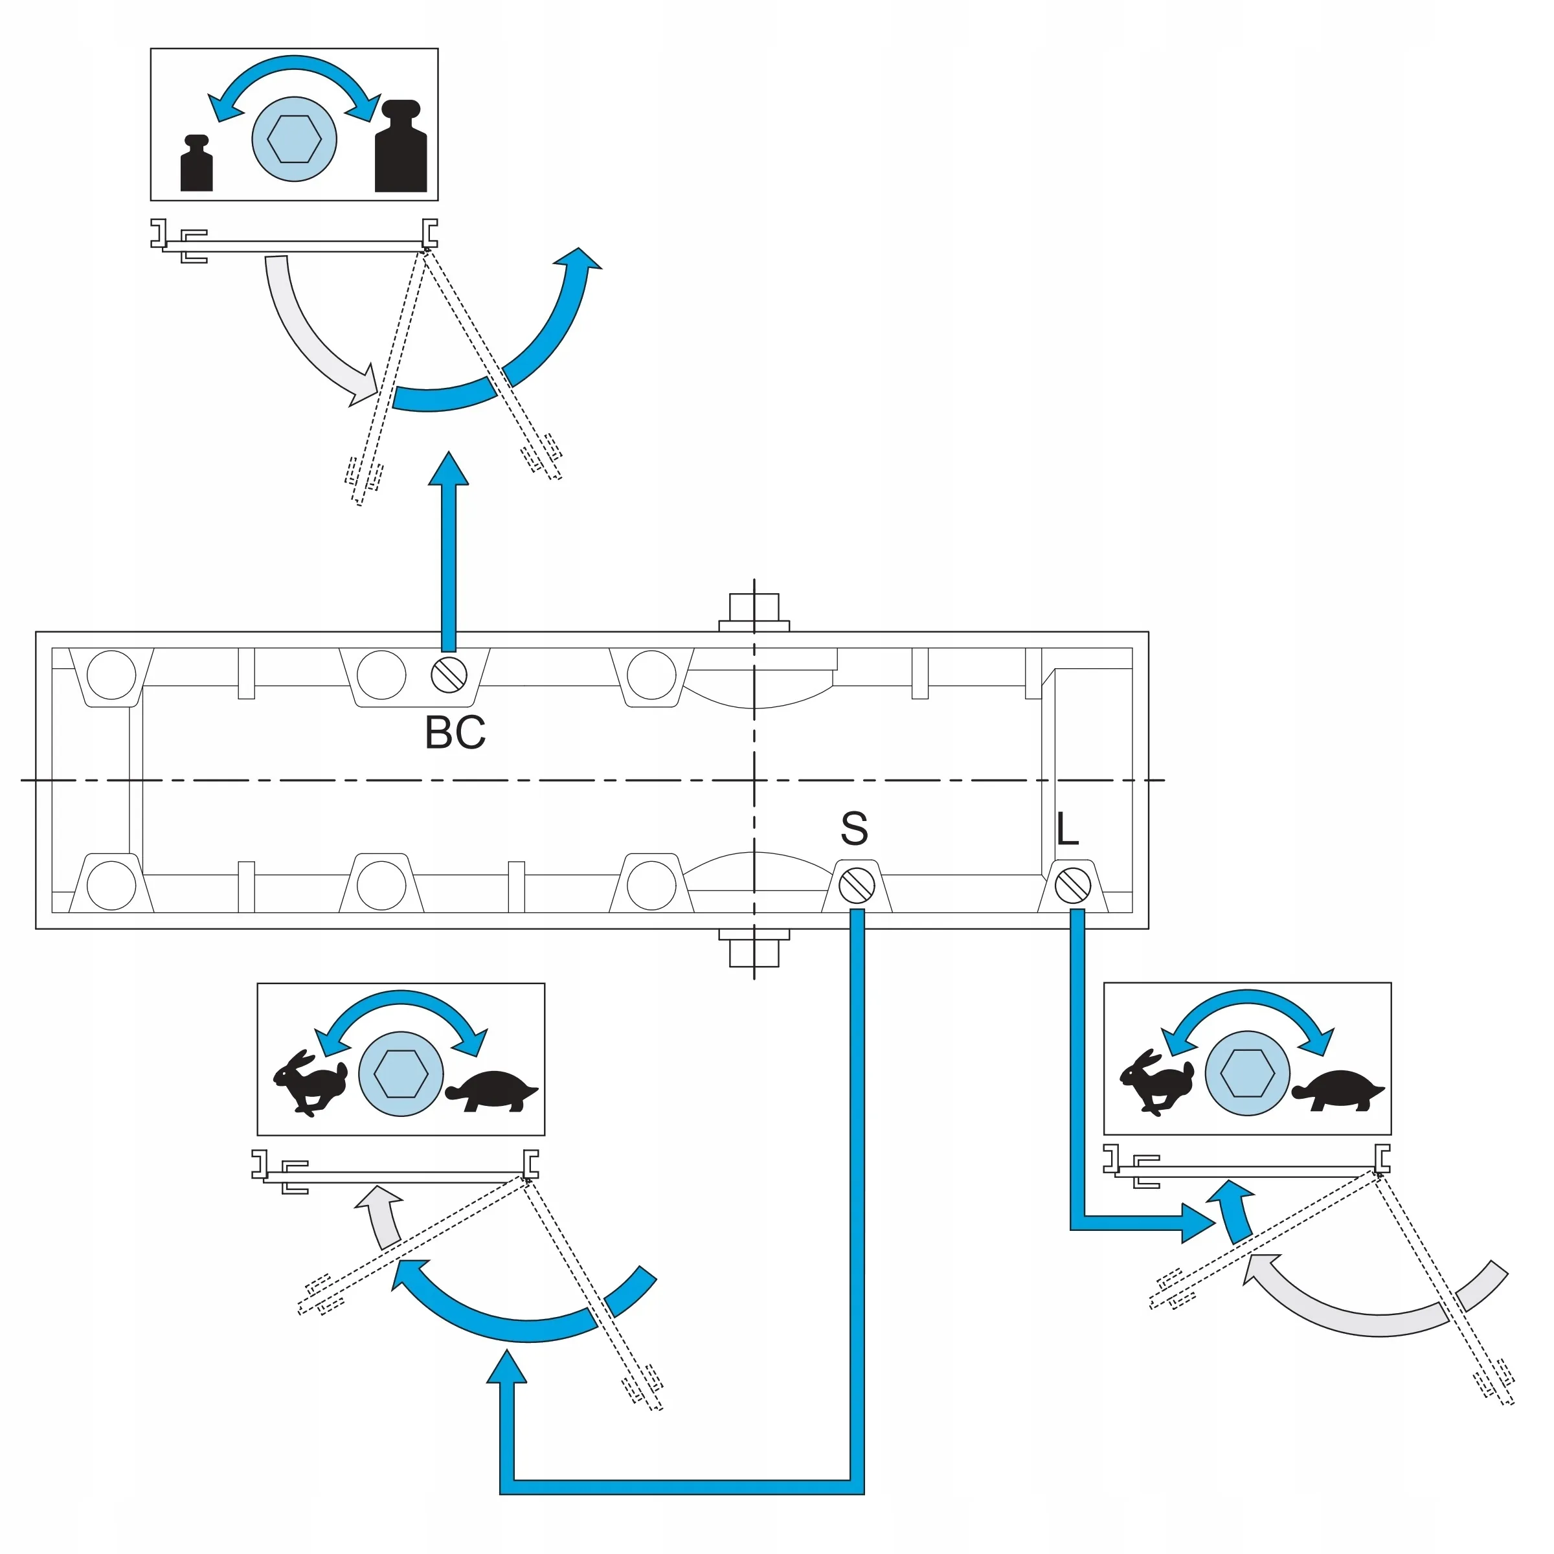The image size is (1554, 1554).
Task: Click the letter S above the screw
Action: pos(854,829)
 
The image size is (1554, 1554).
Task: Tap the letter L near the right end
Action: pos(1066,829)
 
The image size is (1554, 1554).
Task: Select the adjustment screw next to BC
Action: pos(449,675)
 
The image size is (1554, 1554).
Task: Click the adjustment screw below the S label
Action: pos(857,886)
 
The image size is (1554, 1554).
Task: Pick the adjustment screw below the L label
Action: pos(1073,886)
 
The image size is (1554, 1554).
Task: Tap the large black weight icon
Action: pos(401,146)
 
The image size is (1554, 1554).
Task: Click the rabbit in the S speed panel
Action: pos(311,1082)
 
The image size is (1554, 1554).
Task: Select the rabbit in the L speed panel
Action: pos(1158,1081)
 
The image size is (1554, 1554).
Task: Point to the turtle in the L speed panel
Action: pos(1338,1090)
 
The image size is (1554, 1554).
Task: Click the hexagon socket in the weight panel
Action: pos(295,140)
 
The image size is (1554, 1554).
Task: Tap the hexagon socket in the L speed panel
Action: pos(1248,1074)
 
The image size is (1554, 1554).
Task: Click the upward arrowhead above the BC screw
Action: pos(448,469)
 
